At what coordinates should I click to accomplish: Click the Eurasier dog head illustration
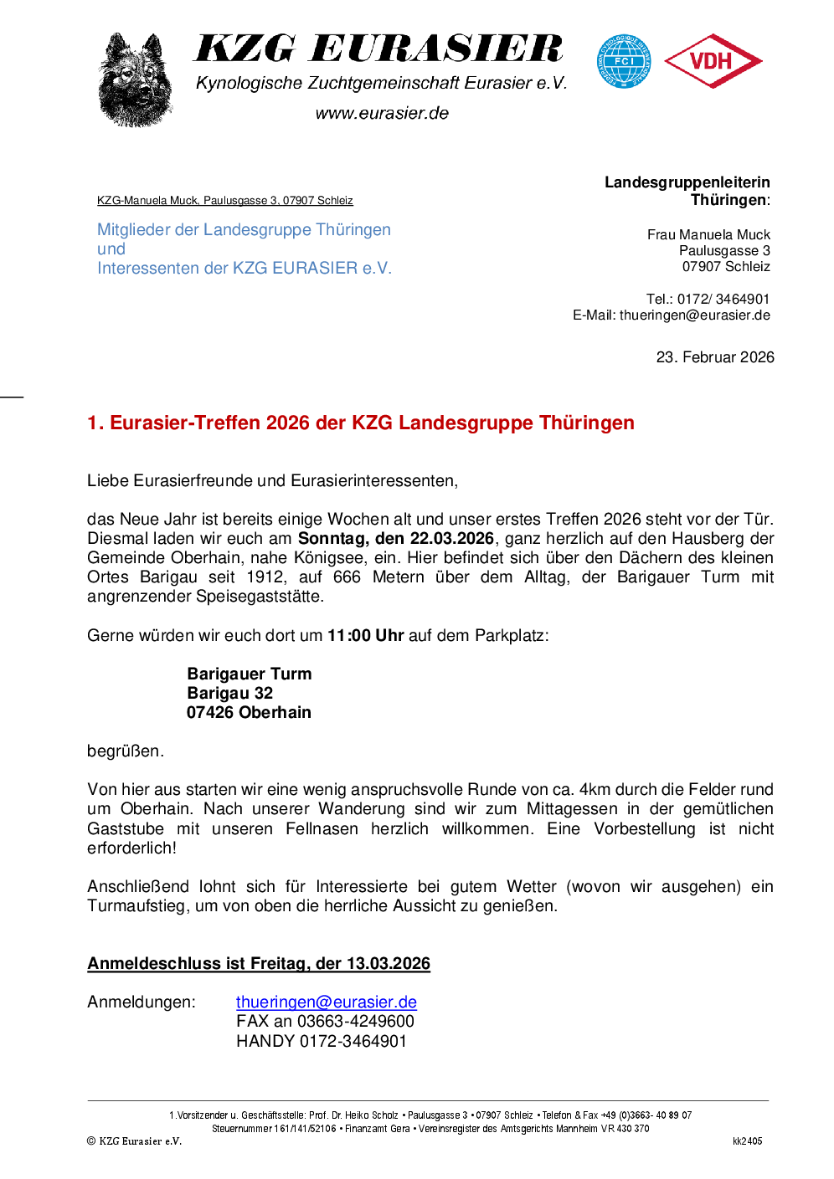135,79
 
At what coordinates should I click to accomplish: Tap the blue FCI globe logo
624,61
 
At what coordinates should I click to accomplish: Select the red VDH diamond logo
713,61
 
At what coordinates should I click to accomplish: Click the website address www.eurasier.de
382,113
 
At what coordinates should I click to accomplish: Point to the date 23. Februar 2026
715,357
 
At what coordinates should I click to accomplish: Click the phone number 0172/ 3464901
723,299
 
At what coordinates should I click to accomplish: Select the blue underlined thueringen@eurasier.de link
327,1002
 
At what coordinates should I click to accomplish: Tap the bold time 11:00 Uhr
366,635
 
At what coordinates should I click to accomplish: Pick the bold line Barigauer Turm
250,674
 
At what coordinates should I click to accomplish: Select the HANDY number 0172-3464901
353,1041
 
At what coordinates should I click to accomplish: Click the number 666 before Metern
347,577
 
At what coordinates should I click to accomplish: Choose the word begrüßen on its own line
125,751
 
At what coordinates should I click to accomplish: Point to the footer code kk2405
747,1141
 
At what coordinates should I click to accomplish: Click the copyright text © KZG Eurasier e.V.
135,1141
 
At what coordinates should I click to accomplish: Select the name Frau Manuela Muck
708,234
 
